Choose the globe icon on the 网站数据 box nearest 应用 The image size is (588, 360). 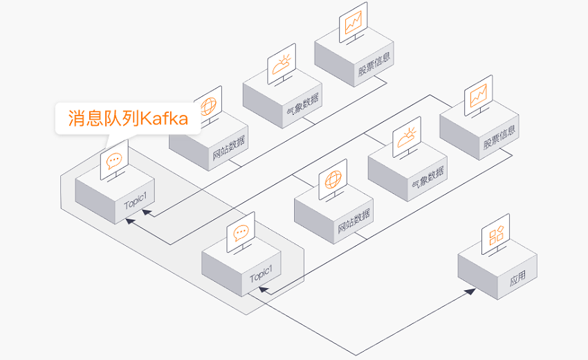pos(333,179)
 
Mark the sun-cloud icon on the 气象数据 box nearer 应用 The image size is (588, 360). pos(407,138)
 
